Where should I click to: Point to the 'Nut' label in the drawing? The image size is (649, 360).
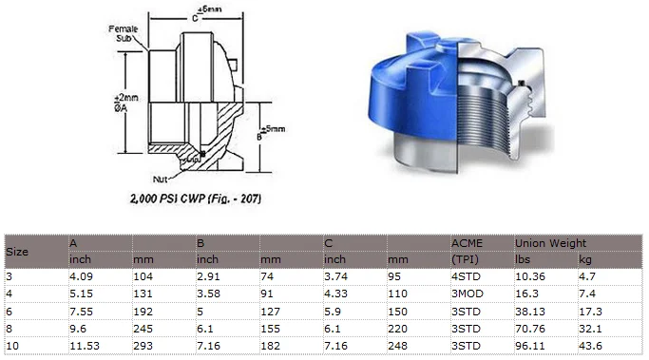click(161, 179)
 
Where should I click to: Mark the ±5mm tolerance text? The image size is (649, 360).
click(250, 129)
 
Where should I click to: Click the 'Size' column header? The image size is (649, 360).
click(17, 252)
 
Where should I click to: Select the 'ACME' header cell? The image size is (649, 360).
click(467, 244)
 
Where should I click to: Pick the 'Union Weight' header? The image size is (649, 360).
click(550, 244)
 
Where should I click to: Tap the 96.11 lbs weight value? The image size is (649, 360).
click(529, 344)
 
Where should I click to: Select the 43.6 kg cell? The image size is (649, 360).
click(591, 344)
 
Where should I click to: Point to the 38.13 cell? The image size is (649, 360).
click(529, 311)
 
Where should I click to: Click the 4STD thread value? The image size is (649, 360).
click(466, 276)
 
